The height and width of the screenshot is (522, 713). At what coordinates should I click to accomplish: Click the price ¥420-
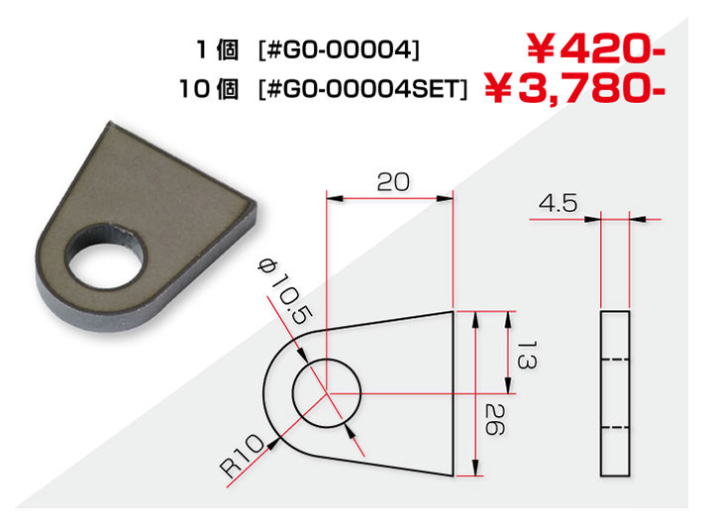coord(596,48)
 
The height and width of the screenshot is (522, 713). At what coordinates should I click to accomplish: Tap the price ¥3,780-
coord(574,88)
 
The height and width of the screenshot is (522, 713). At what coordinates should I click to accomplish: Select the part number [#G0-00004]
coord(339,50)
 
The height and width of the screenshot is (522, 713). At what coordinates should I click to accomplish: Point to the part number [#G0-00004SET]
coord(362,89)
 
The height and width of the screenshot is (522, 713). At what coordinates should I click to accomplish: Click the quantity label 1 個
coord(217,50)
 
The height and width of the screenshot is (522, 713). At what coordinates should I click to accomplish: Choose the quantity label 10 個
coord(209,89)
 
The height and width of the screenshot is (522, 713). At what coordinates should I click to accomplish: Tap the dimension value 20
coord(393,182)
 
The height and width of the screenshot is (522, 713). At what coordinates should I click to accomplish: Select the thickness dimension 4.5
coord(558,203)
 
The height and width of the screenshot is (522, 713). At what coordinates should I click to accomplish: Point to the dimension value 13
coord(527,356)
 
